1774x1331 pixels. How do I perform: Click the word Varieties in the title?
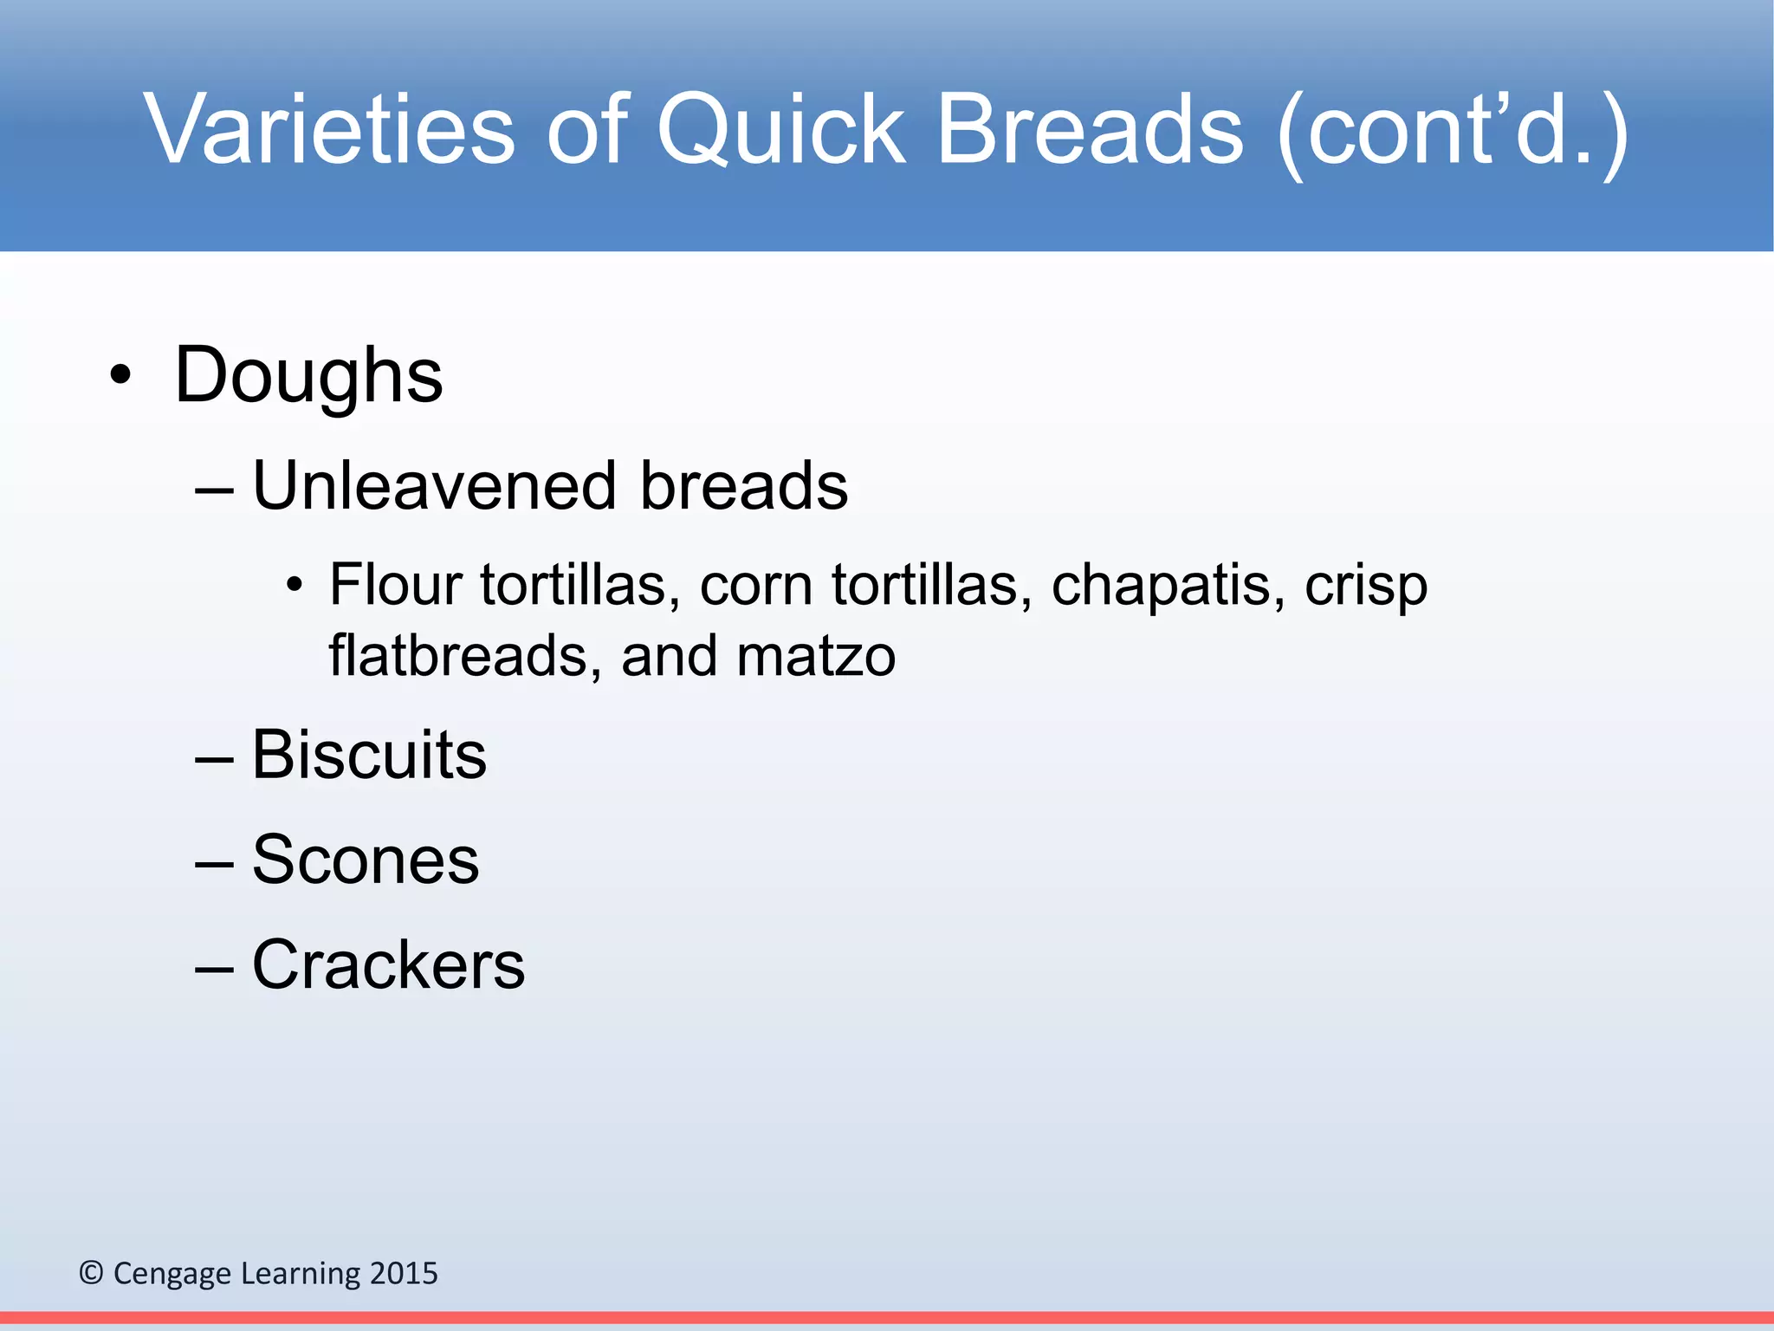330,130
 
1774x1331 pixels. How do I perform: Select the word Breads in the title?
1091,130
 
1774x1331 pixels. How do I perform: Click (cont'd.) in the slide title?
1453,130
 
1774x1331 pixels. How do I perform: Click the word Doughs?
308,377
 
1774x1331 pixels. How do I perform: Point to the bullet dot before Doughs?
121,377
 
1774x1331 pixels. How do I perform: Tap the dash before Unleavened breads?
214,490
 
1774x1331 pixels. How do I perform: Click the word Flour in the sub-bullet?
395,585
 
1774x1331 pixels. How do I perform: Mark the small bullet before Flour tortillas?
295,587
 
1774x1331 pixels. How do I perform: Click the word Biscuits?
369,755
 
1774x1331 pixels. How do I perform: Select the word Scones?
365,860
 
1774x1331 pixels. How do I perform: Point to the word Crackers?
388,964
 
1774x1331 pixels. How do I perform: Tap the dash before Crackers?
214,969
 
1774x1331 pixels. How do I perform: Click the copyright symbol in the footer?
91,1273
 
